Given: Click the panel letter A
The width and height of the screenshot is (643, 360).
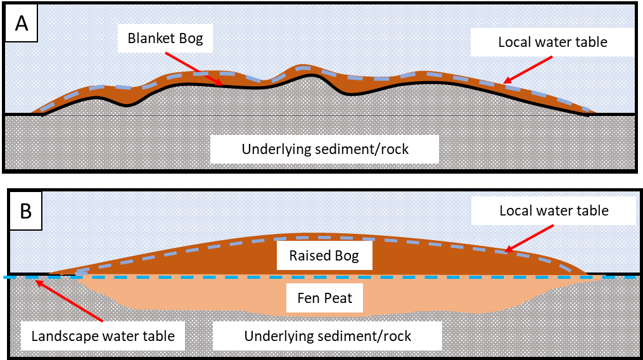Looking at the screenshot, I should tap(22, 23).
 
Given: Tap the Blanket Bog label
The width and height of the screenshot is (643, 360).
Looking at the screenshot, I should tap(165, 39).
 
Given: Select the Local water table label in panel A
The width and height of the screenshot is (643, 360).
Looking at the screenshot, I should tap(552, 42).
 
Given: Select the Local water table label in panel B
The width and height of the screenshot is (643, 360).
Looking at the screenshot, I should tap(554, 210).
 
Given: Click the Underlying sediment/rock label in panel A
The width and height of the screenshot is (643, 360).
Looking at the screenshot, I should tap(325, 150).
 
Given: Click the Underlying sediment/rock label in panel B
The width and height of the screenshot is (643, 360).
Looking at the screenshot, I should tap(328, 336).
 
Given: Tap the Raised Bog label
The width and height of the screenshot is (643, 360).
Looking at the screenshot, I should tap(324, 256).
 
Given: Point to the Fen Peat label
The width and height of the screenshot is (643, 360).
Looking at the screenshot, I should tap(324, 297).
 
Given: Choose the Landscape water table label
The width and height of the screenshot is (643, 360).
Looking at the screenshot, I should tap(103, 336).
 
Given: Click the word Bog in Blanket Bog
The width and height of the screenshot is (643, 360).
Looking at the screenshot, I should tap(189, 39).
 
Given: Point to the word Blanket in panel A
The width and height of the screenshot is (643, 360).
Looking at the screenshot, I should tap(151, 39).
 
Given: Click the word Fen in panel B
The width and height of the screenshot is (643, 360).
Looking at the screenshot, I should tap(308, 297).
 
